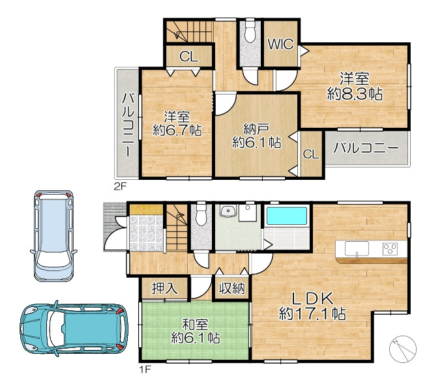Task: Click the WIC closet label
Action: tap(281, 44)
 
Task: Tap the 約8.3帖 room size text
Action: tap(355, 94)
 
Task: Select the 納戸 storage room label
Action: tap(256, 129)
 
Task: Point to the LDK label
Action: tap(312, 298)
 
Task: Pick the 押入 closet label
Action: tap(164, 288)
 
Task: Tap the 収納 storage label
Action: tap(232, 288)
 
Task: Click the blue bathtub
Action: tap(287, 216)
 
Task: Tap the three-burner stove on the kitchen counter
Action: tap(390, 249)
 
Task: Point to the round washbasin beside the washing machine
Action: tap(228, 210)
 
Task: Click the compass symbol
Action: tap(403, 349)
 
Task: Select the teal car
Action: tap(74, 328)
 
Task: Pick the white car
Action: tap(53, 236)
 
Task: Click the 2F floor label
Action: tap(120, 187)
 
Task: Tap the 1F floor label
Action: tap(145, 369)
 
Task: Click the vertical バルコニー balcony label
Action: tap(128, 125)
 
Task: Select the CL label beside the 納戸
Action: tap(311, 154)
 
